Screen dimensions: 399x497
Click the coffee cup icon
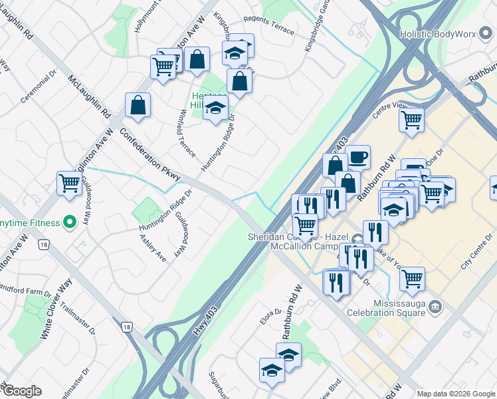coord(358,157)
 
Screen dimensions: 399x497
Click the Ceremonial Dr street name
coord(38,89)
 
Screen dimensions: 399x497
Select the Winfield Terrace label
coord(185,134)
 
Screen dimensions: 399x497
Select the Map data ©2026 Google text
coord(456,394)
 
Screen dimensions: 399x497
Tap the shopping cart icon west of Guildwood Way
coord(69,183)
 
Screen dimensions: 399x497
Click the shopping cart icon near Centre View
coord(412,120)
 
